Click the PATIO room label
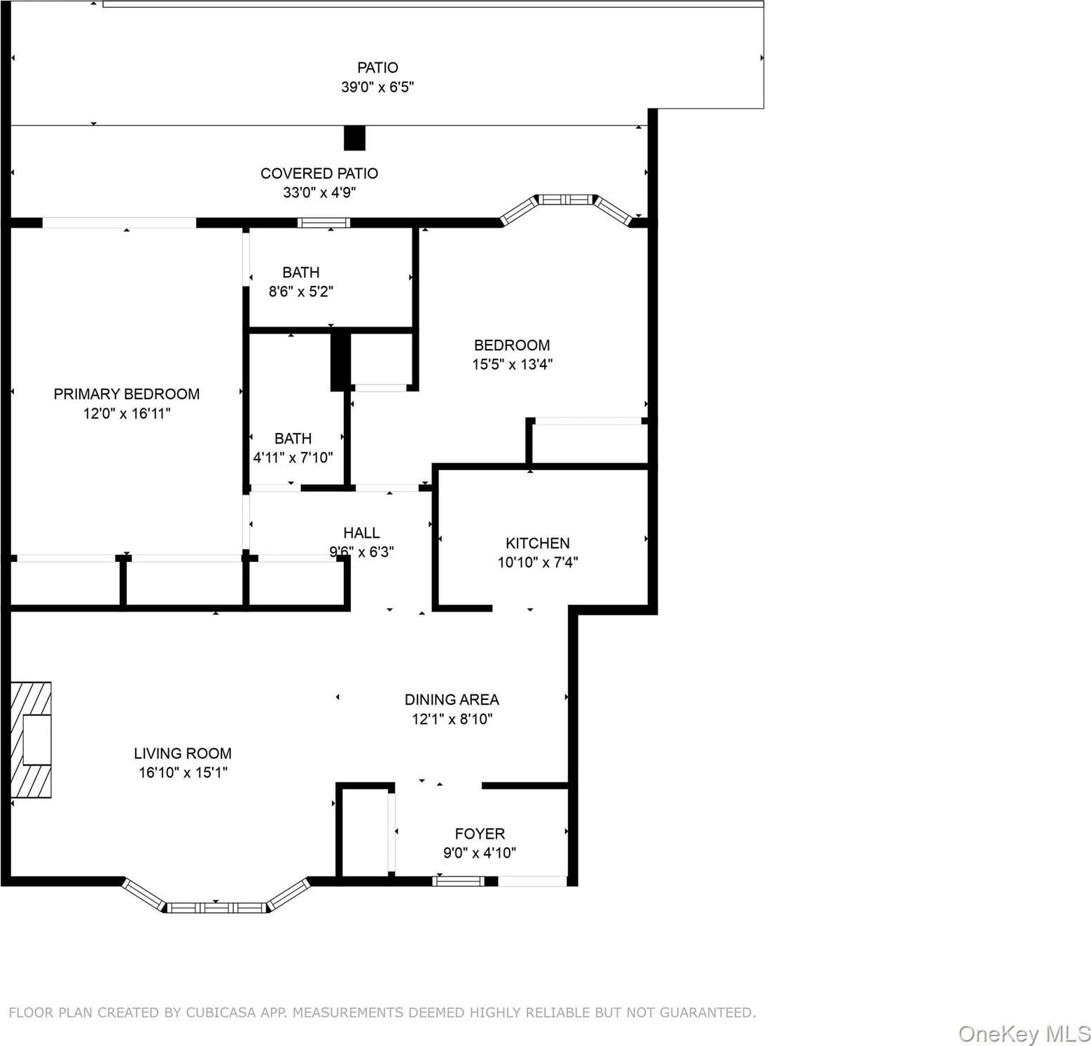pos(377,68)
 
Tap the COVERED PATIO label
pos(319,173)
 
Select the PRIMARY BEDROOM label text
pos(127,394)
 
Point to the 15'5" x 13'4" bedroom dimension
pos(513,364)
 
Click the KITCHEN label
pos(538,543)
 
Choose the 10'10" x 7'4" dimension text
pos(538,562)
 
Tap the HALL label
pos(361,533)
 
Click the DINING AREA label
pos(452,699)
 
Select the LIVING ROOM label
pos(183,753)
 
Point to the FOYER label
pos(480,834)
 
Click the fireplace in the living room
pos(31,739)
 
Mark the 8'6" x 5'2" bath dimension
pos(301,291)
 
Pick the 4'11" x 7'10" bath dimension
pos(293,457)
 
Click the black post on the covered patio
pos(354,138)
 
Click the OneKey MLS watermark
pos(1024,1033)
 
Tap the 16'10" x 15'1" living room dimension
pos(183,773)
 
